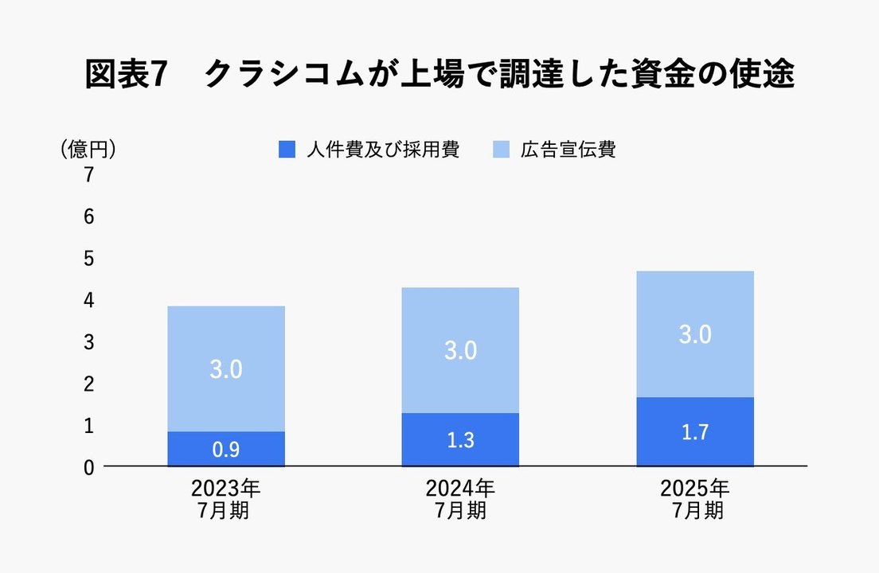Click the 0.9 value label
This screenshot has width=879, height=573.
(226, 450)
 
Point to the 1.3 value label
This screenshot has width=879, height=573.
(460, 440)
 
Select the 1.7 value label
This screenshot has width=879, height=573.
(694, 433)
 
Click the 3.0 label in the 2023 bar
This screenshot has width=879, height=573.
(226, 369)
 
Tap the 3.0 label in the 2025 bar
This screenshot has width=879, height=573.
(694, 334)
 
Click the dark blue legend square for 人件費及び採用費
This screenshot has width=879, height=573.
(287, 150)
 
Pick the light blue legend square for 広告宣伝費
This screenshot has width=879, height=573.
(501, 150)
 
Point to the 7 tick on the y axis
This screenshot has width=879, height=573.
(89, 175)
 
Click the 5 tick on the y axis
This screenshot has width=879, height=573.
(89, 259)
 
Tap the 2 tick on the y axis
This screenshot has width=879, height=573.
(89, 384)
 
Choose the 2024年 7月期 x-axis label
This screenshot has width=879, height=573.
(460, 499)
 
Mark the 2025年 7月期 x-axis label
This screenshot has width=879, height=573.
(694, 499)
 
